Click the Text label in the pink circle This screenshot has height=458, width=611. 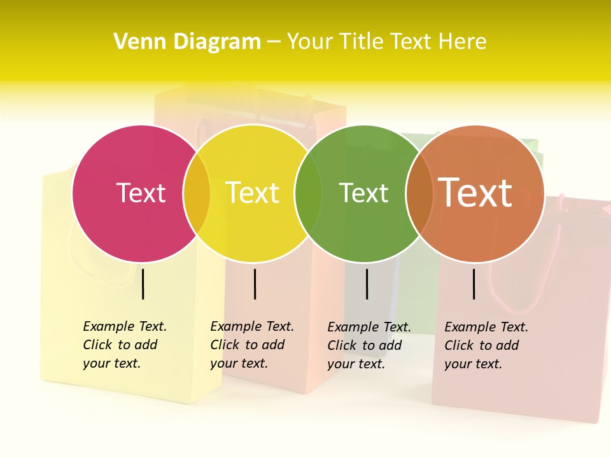(x=141, y=193)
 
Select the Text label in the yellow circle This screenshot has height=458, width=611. (x=252, y=193)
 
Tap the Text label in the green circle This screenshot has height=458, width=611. (x=363, y=193)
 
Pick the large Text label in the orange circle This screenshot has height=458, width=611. (x=475, y=193)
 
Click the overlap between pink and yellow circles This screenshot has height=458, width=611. (x=197, y=193)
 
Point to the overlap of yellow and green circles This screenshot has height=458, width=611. (x=308, y=193)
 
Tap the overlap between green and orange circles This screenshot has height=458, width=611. (x=419, y=193)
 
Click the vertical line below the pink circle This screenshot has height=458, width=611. (x=143, y=284)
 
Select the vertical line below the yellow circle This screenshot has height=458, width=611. (x=255, y=284)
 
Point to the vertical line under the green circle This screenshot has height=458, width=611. (x=367, y=284)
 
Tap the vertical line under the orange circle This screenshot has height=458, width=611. (x=474, y=284)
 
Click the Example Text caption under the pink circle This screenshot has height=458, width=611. (x=124, y=345)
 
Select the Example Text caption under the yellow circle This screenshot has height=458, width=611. (x=251, y=345)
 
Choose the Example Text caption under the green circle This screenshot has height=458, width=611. (x=369, y=345)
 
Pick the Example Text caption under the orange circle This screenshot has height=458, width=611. (x=486, y=345)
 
